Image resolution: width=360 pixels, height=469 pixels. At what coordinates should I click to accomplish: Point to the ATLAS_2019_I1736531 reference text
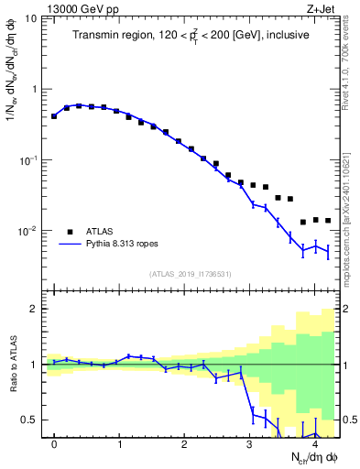click(191, 274)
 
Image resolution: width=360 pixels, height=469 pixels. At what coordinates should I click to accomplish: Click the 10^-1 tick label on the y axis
click(28, 160)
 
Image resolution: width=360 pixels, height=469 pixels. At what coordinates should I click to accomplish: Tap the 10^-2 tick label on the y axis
click(28, 231)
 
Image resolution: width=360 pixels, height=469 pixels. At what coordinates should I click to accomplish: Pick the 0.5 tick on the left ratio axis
click(30, 420)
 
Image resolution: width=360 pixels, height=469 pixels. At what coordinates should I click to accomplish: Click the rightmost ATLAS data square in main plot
click(327, 221)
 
